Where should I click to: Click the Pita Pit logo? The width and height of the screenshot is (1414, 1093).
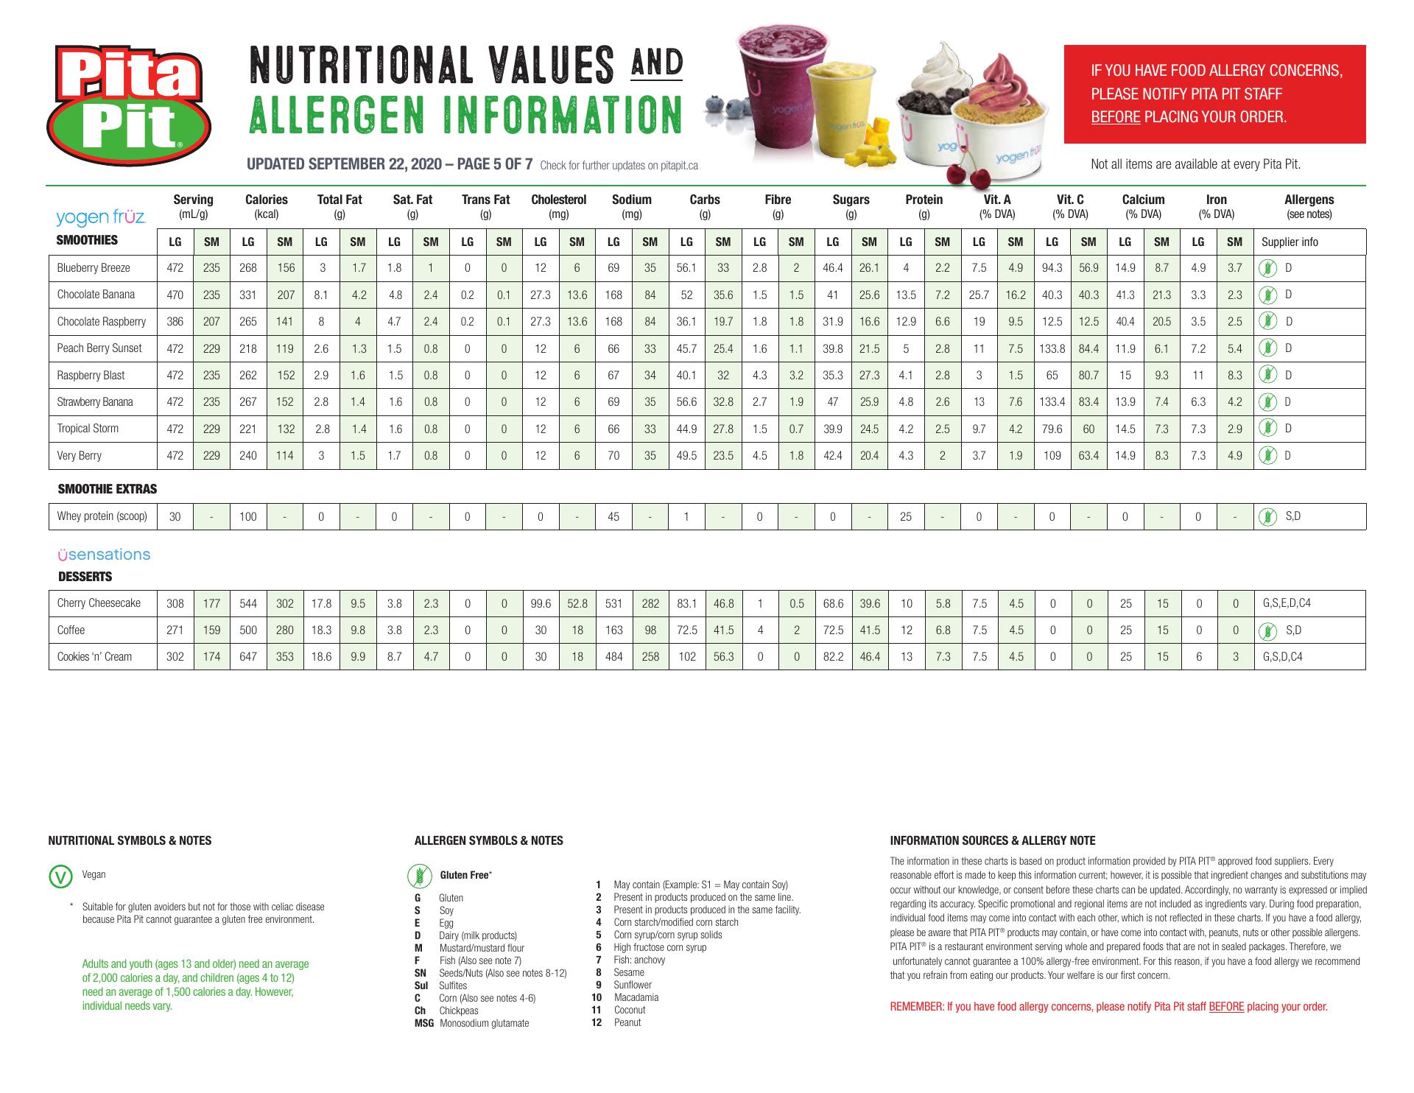click(x=129, y=104)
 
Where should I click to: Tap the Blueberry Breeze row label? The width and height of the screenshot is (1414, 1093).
click(x=94, y=268)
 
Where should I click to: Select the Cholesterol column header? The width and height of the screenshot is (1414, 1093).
click(x=558, y=200)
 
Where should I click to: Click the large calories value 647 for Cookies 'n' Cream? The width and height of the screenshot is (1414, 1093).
click(x=248, y=657)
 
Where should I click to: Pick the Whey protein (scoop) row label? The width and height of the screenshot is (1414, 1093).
click(x=102, y=516)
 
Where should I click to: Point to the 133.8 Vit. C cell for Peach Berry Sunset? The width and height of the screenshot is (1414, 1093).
click(x=1052, y=348)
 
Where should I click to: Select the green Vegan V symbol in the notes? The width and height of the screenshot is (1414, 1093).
click(x=59, y=876)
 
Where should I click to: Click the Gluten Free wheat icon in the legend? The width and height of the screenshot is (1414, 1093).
click(x=420, y=876)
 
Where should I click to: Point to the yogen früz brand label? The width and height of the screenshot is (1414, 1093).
click(x=101, y=217)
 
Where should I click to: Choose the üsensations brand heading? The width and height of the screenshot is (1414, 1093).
click(x=104, y=555)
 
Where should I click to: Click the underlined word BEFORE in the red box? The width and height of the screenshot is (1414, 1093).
click(x=1115, y=117)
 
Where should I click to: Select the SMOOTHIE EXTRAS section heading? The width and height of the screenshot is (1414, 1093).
click(x=108, y=489)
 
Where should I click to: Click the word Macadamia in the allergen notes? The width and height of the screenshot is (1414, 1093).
click(x=636, y=997)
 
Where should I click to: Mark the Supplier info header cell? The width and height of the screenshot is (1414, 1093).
click(x=1290, y=242)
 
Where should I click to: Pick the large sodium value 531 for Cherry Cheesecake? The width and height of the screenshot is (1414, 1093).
click(x=613, y=603)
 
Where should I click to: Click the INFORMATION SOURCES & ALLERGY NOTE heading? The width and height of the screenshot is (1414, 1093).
click(x=992, y=840)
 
